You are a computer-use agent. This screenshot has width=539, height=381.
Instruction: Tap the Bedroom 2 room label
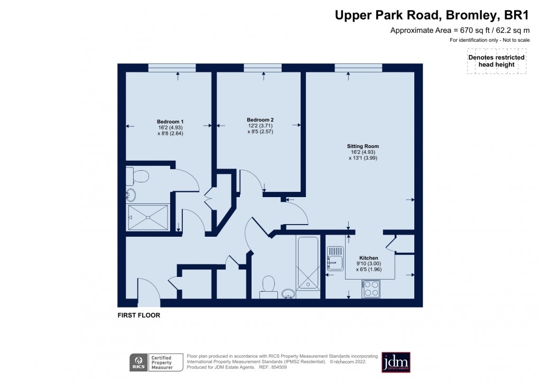260,119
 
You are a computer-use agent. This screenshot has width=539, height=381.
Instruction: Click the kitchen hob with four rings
371,289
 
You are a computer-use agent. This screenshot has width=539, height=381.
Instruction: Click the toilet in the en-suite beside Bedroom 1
138,175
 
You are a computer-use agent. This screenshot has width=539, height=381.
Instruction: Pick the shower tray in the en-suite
148,217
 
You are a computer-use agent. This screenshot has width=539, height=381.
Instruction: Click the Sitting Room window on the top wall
358,67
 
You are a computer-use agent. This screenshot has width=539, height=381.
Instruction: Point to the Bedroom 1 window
172,67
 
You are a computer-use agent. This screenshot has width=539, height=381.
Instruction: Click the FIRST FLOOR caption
138,315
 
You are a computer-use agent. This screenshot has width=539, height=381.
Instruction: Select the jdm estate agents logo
396,362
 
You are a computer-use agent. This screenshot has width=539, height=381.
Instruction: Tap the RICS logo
138,363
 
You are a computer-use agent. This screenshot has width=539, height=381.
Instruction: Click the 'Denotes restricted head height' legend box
497,61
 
